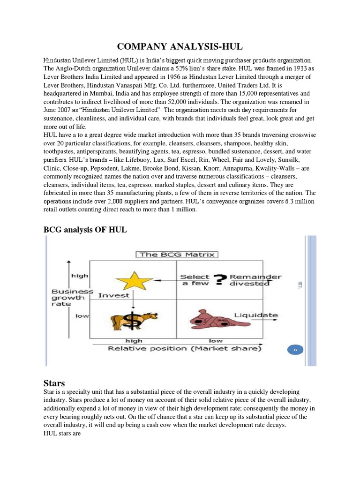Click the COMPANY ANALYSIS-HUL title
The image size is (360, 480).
(180, 46)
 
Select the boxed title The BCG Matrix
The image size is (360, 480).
(177, 255)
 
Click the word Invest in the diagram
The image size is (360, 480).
(114, 295)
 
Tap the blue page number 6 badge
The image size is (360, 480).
(296, 350)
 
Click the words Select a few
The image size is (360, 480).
(195, 280)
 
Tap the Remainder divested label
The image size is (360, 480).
(255, 280)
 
